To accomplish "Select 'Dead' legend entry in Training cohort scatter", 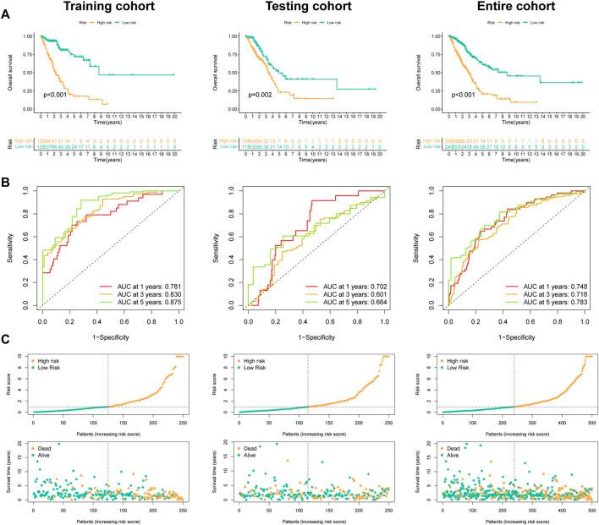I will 44,443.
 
